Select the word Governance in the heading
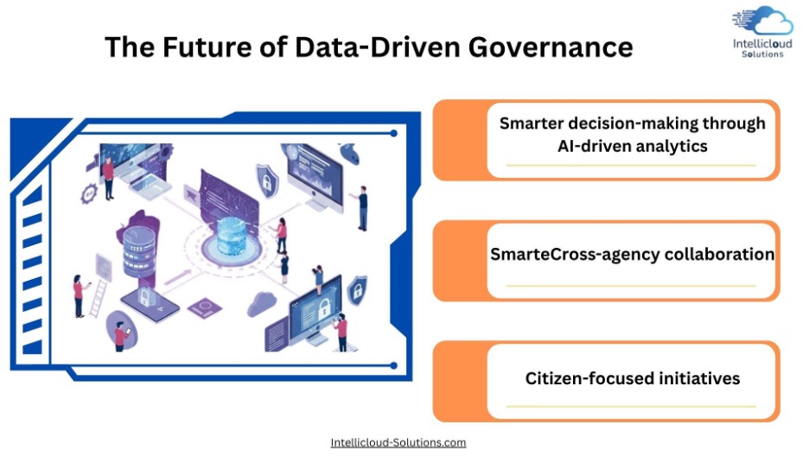coord(551,47)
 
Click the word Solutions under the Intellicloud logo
coord(762,54)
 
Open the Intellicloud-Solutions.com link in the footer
coord(398,442)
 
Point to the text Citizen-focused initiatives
coord(633,379)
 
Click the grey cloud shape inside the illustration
coord(262,303)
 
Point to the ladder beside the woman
coord(98,298)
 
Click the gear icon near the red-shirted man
coord(89,193)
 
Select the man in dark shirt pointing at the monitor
coord(361,207)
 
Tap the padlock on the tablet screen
coord(144,297)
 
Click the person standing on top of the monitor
coord(318,280)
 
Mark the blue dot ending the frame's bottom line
coord(393,366)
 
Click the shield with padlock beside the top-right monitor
coord(267,180)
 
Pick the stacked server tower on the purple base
coord(139,252)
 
